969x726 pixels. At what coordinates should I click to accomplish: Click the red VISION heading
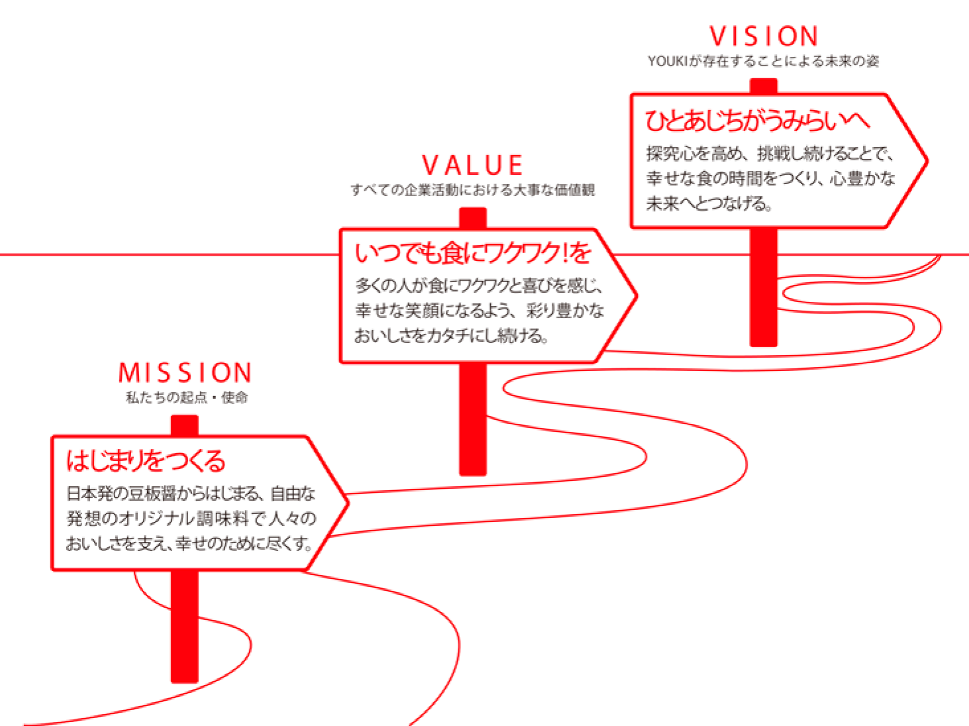(764, 36)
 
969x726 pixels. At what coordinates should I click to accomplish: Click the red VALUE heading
(472, 165)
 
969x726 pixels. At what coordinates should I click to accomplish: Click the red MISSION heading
(185, 372)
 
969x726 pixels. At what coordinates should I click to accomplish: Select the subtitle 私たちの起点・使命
(187, 397)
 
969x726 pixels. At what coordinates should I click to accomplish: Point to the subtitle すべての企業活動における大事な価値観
(473, 189)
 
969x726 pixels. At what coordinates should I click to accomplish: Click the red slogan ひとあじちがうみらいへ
(757, 121)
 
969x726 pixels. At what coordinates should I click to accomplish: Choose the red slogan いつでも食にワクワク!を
(473, 253)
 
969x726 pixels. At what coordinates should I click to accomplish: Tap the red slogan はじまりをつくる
(146, 461)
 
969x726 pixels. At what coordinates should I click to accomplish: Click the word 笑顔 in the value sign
(422, 311)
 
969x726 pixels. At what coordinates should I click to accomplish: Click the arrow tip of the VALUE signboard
(636, 295)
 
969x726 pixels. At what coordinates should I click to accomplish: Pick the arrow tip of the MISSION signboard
(348, 503)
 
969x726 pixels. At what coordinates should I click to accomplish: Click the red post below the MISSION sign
(185, 627)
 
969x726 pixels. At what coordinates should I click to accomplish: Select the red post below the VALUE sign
(473, 419)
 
